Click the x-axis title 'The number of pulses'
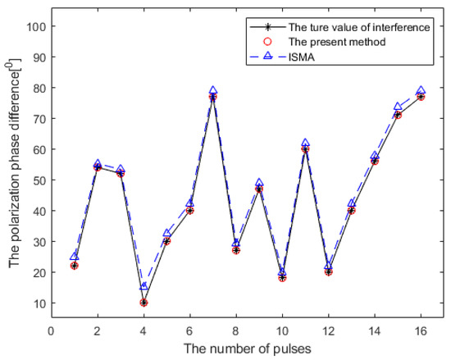click(236, 348)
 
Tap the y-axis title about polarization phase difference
click(14, 164)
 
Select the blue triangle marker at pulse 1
click(75, 257)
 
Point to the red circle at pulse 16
click(421, 97)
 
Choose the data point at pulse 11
click(305, 149)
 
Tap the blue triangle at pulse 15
click(398, 107)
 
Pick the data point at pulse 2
click(98, 167)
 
